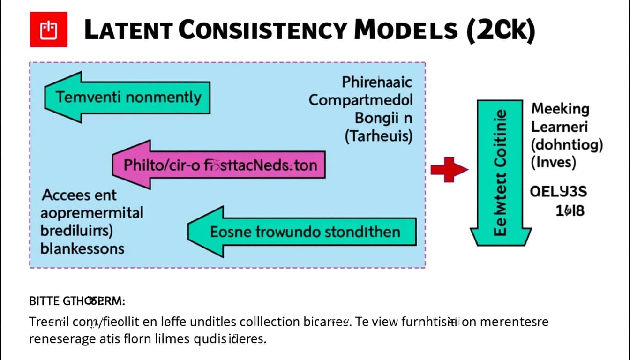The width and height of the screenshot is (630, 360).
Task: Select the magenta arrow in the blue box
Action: click(x=218, y=165)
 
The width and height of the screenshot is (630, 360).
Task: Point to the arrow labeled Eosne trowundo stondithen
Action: click(x=302, y=232)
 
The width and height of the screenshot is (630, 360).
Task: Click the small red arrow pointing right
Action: click(x=449, y=170)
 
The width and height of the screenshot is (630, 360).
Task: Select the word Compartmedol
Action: click(x=360, y=100)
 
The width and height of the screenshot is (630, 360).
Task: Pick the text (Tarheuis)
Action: click(x=378, y=136)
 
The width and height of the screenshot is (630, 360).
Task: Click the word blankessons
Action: click(x=82, y=248)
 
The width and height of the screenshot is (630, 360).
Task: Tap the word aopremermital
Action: click(x=92, y=213)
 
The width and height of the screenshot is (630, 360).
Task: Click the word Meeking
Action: click(x=560, y=109)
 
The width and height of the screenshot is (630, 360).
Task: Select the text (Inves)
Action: click(x=553, y=163)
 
